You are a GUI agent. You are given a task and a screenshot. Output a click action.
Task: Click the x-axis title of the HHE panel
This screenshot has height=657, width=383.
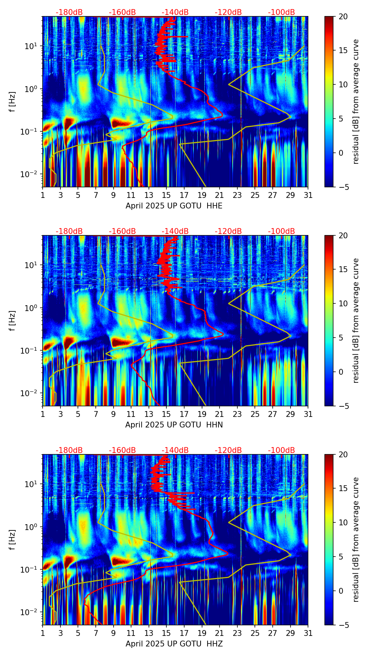174,206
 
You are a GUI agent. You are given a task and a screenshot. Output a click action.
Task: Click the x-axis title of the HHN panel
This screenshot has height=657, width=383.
174,425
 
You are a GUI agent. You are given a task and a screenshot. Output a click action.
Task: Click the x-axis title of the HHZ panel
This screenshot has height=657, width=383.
174,644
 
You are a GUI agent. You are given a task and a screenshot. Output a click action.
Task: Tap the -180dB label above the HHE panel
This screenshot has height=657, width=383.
69,12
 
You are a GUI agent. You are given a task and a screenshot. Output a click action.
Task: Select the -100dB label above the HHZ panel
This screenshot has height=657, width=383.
281,450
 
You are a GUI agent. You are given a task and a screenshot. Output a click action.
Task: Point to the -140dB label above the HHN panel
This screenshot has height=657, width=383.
175,231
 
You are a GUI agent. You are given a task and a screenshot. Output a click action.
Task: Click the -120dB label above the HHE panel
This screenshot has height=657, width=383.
228,12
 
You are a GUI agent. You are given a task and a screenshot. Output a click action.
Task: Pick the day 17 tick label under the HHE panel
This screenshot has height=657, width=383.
184,195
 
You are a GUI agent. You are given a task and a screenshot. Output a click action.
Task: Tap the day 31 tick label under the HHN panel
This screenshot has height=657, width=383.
308,414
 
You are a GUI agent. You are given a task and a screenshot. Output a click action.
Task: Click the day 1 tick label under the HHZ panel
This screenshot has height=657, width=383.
43,633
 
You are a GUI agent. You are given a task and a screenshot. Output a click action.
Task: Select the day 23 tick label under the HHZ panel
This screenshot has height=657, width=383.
237,633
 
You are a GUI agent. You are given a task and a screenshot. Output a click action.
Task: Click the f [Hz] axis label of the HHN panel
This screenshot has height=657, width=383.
12,320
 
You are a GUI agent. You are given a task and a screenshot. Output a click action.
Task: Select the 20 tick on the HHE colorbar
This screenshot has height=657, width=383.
343,17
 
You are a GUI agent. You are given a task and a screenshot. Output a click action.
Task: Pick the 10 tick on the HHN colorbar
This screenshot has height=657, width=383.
343,303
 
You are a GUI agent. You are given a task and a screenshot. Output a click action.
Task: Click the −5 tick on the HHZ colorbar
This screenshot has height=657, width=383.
343,625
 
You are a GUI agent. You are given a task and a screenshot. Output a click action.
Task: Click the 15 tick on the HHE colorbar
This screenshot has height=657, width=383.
343,51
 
